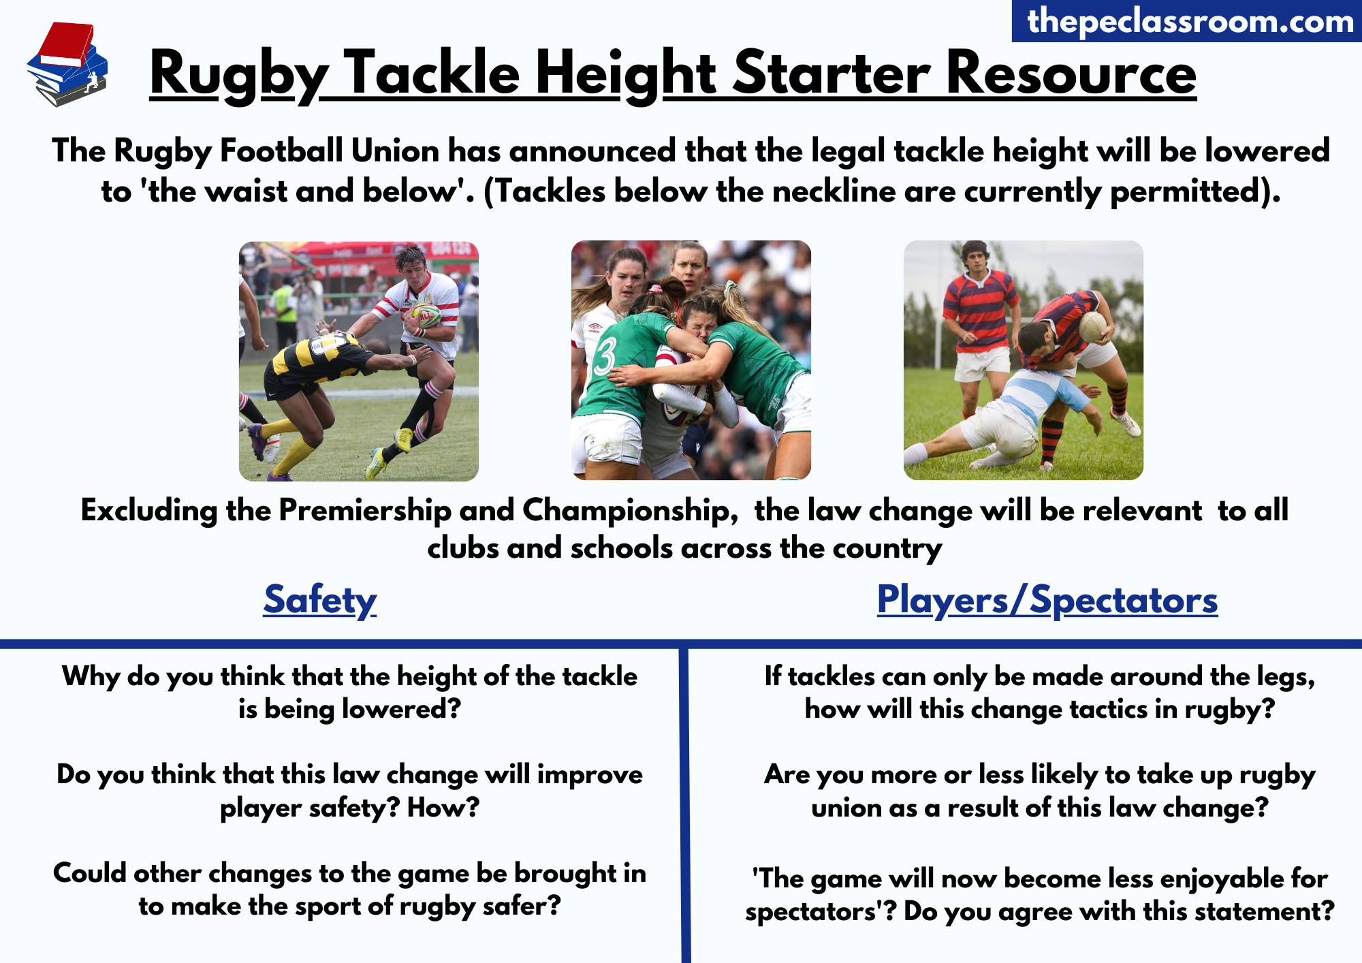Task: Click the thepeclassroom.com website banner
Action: (1187, 21)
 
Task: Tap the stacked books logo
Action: (67, 65)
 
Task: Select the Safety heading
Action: (320, 600)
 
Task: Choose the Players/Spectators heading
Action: (1047, 600)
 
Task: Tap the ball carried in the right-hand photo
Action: (1092, 327)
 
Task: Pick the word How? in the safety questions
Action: (443, 808)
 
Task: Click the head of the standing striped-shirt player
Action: (975, 256)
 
